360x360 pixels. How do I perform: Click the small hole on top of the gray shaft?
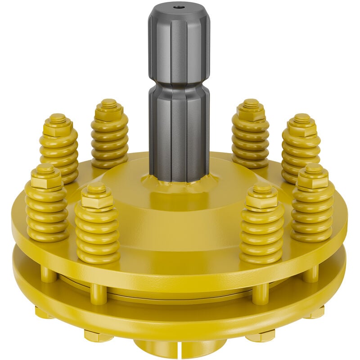point(179,7)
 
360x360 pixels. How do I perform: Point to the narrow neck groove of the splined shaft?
point(179,85)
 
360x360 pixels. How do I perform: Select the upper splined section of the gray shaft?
point(179,45)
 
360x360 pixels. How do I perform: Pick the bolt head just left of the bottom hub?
point(98,336)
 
